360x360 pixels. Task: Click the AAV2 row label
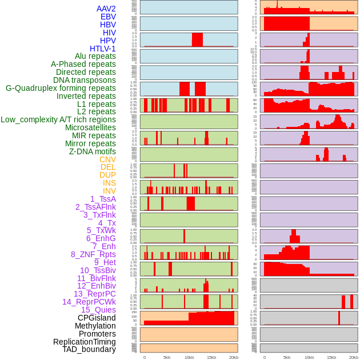click(x=106, y=9)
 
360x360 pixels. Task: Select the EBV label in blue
click(x=108, y=17)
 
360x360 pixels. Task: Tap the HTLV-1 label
click(x=103, y=49)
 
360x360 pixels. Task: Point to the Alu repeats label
click(x=95, y=57)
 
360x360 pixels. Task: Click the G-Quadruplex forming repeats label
click(x=61, y=88)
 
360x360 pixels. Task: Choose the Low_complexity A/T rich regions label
click(x=58, y=119)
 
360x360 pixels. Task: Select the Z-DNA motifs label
click(x=93, y=151)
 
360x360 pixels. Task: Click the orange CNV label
click(x=107, y=159)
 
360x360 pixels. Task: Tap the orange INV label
click(x=109, y=191)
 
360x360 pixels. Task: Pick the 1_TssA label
click(x=103, y=199)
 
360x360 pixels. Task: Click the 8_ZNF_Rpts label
click(x=93, y=254)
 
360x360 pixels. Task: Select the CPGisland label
click(x=97, y=318)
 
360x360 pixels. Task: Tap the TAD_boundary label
click(x=89, y=349)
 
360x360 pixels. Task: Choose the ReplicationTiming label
click(x=85, y=342)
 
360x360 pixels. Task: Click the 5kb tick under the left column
click(x=167, y=357)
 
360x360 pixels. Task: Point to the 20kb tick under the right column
click(x=354, y=357)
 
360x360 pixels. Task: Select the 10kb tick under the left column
click(x=189, y=357)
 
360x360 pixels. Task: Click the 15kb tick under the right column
click(x=331, y=357)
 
